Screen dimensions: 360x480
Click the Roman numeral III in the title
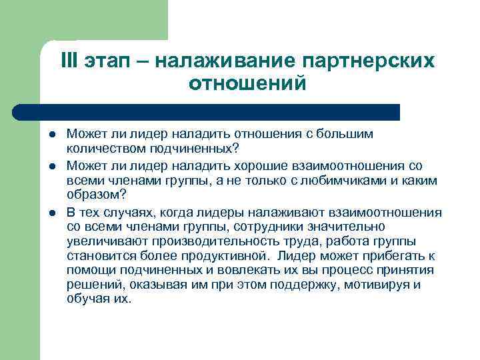(x=69, y=61)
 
